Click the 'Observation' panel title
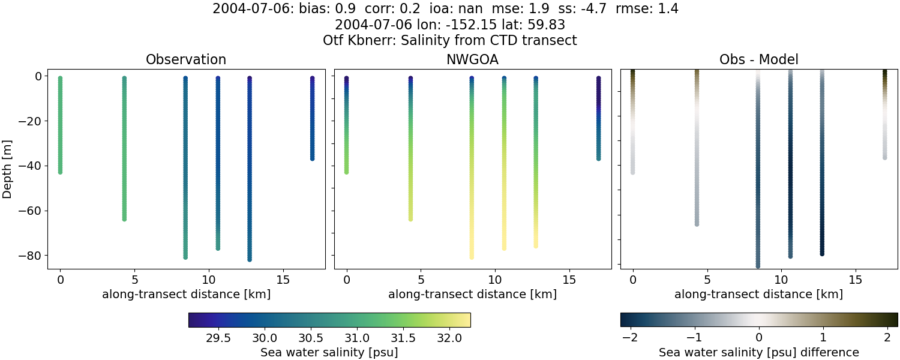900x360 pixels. (186, 60)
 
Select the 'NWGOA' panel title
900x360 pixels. (472, 60)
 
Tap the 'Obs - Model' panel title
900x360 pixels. (758, 60)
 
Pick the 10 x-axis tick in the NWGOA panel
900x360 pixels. (494, 280)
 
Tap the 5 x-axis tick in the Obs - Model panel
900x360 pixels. (707, 280)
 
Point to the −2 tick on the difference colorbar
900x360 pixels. (629, 338)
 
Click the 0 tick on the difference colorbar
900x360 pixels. (759, 338)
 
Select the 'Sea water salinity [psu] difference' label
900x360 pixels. (758, 352)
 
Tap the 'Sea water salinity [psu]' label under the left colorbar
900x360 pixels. (329, 352)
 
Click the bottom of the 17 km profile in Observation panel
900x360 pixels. (312, 158)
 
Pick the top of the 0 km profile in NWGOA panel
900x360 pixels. (346, 79)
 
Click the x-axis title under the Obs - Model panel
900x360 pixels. (758, 294)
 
